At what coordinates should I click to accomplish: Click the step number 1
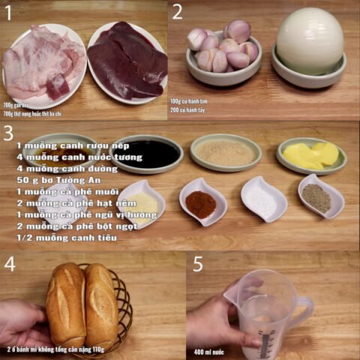pos(8,13)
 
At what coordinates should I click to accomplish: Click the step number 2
pos(178,12)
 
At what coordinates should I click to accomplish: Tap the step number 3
pos(8,133)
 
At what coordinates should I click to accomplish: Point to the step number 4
pos(10,263)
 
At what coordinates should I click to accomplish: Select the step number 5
pos(198,263)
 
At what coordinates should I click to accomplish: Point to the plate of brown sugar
pos(225,152)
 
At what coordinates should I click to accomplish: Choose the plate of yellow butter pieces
pos(310,154)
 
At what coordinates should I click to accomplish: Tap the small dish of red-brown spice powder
pos(202,202)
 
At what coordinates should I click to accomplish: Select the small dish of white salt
pos(263,199)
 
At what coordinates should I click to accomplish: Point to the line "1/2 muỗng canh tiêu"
pos(67,238)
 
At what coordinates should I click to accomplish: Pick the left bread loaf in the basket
pos(66,305)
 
